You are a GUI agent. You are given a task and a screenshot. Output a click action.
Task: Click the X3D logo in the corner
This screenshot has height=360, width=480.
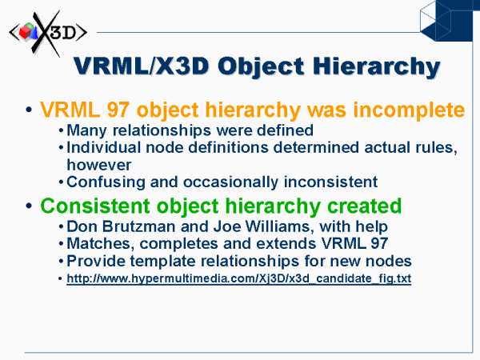tap(48, 33)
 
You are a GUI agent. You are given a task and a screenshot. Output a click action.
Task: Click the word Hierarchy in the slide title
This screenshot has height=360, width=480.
tap(376, 67)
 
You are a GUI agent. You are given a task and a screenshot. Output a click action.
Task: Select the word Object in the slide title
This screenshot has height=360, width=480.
tap(261, 67)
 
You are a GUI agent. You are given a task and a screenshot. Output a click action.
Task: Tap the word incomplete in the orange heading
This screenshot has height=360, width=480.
tap(409, 110)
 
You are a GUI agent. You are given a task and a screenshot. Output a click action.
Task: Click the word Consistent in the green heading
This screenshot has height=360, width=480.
tap(95, 206)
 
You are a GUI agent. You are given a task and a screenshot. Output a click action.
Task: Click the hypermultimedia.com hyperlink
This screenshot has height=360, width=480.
tap(238, 278)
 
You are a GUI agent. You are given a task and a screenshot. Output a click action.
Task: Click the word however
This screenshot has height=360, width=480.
tap(99, 165)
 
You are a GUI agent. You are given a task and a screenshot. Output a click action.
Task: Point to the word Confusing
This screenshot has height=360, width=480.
tap(106, 182)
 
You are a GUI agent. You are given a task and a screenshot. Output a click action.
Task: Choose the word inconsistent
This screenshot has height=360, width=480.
tap(330, 182)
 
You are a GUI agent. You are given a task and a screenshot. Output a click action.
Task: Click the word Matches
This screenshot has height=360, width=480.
tap(101, 244)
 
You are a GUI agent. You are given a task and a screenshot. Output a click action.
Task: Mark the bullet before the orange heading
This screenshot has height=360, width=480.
tap(29, 110)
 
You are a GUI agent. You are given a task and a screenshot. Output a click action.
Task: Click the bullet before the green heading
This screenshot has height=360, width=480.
tap(29, 206)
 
